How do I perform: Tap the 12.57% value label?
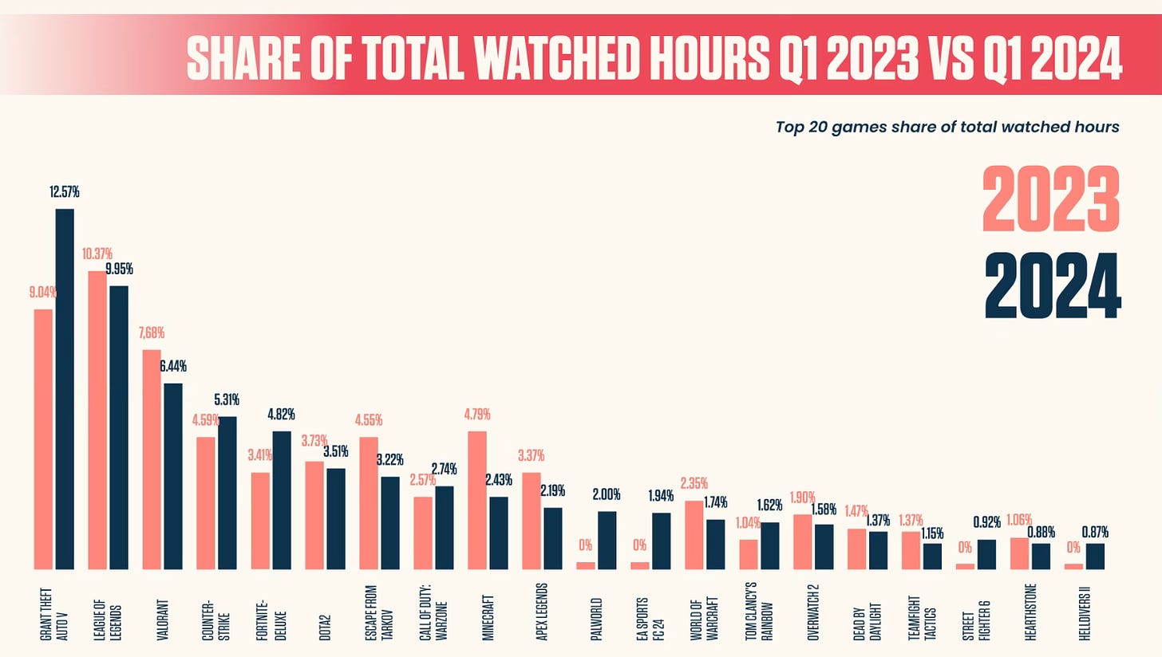[65, 192]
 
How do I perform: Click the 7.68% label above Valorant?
[151, 332]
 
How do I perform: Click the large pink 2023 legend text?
[1051, 199]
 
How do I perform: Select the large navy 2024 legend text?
[1053, 285]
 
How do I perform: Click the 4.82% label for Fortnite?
[281, 415]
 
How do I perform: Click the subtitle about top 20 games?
[947, 127]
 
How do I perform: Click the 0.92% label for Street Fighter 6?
[986, 523]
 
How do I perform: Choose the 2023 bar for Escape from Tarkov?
[369, 503]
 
